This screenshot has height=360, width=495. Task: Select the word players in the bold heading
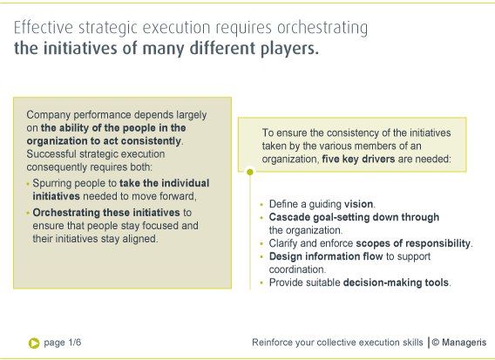(x=290, y=49)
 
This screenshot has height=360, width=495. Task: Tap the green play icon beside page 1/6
(x=34, y=343)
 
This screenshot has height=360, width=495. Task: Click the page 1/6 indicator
(x=66, y=343)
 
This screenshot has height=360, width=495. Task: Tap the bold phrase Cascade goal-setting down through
(x=354, y=217)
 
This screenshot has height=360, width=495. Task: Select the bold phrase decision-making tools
(x=397, y=282)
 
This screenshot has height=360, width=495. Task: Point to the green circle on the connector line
(x=250, y=172)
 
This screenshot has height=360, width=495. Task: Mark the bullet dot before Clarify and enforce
(x=261, y=244)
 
